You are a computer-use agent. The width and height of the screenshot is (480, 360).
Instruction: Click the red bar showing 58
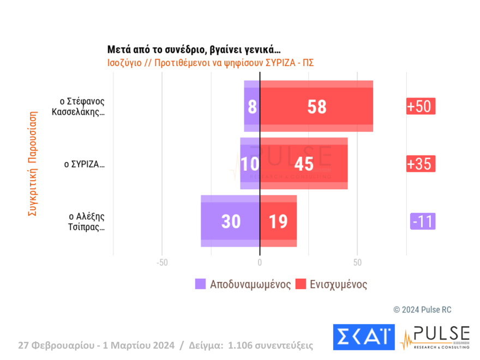click(316, 106)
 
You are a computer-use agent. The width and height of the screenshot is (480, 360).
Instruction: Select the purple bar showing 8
click(251, 106)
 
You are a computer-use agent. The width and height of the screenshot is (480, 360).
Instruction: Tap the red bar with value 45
click(303, 164)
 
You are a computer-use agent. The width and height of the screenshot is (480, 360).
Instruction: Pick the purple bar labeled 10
click(250, 164)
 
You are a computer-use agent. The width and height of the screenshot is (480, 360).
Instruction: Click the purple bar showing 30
click(230, 221)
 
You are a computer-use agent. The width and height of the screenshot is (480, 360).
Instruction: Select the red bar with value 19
click(278, 221)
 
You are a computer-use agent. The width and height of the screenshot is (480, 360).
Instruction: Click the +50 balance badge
click(421, 106)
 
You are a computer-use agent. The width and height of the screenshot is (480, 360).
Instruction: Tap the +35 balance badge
click(421, 164)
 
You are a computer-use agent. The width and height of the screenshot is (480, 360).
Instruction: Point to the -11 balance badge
click(423, 221)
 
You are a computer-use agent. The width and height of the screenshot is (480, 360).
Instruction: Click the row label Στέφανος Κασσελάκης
click(82, 106)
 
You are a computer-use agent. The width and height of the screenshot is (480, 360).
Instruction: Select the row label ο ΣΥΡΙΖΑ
click(84, 164)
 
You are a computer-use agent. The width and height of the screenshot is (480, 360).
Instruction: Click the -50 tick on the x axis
click(161, 263)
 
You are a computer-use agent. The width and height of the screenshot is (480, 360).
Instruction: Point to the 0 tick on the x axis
click(260, 263)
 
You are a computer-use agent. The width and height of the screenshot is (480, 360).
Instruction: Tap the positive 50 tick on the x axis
click(357, 263)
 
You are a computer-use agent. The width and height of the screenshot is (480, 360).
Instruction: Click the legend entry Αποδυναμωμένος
click(243, 284)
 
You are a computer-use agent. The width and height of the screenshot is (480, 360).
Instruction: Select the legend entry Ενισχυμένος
click(331, 284)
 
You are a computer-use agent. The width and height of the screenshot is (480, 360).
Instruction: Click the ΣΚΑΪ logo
click(363, 338)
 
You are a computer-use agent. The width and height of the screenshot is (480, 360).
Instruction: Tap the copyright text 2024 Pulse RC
click(422, 310)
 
